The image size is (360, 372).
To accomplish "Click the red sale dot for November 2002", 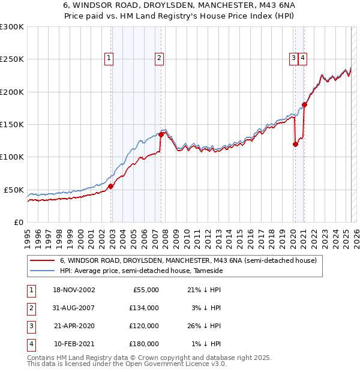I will click(x=110, y=187).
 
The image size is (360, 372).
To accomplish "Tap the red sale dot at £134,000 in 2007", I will click(x=161, y=134).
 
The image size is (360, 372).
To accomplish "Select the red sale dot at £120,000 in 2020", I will click(x=295, y=144).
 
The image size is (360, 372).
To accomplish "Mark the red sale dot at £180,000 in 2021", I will click(x=304, y=104).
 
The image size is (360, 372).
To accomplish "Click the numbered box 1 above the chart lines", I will click(x=109, y=58).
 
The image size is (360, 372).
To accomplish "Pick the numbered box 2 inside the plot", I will click(x=159, y=58).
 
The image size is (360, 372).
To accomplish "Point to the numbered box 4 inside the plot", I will click(x=303, y=58).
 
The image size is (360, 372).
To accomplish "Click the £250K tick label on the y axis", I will click(x=12, y=59).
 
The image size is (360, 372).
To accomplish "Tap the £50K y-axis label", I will click(x=14, y=190).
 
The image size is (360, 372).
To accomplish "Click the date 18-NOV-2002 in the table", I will click(x=74, y=290).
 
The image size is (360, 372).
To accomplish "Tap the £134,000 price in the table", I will click(x=144, y=308).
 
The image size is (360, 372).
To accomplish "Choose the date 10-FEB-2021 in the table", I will click(x=74, y=344).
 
